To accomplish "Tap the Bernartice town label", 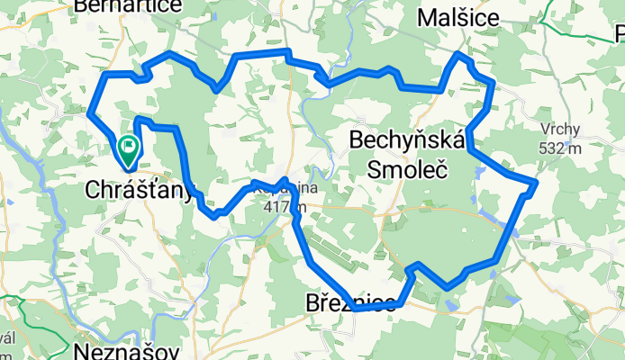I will coord(129,7).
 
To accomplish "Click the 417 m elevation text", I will coord(285,208).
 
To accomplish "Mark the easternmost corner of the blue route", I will coord(537,183).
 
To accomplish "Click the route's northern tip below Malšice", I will coord(458,55).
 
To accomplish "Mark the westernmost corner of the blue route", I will coord(89,112).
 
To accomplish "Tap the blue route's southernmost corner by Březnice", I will coord(357,309).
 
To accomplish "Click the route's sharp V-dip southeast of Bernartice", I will coord(217,90).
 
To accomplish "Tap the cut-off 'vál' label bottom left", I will coord(7,337).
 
